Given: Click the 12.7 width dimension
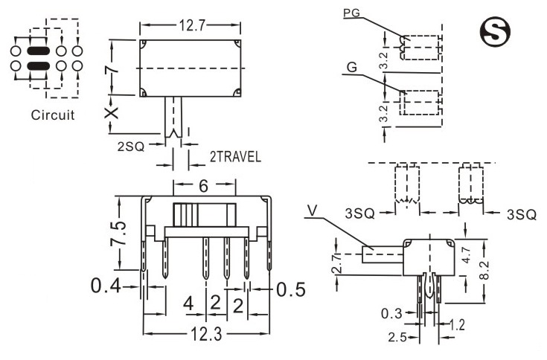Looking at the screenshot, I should click(191, 25).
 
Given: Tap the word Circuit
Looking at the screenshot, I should click(52, 115).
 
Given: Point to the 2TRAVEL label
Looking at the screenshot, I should click(234, 157).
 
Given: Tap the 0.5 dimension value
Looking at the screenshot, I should click(291, 289).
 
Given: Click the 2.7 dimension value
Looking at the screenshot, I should click(337, 263).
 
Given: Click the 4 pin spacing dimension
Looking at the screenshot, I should click(188, 303).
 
